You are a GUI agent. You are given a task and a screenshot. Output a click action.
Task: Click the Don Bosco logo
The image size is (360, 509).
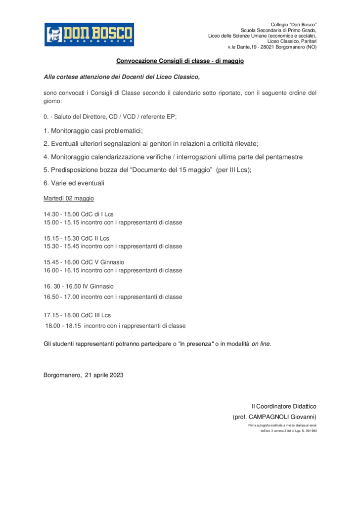89,35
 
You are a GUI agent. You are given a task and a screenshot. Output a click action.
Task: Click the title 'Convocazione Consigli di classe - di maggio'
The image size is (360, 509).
180,61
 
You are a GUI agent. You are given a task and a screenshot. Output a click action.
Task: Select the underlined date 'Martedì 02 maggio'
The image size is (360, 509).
69,199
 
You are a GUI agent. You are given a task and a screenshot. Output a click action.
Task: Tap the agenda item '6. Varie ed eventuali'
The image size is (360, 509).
74,183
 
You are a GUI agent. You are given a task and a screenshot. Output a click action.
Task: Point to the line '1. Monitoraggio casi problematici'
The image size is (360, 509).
93,131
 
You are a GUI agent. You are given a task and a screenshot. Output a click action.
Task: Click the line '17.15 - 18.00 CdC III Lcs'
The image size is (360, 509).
77,315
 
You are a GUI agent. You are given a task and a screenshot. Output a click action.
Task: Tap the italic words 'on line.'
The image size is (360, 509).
261,343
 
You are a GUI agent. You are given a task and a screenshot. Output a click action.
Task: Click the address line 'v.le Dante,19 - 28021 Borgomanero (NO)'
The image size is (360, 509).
271,47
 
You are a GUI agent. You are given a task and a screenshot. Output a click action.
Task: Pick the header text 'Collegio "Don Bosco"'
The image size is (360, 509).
294,25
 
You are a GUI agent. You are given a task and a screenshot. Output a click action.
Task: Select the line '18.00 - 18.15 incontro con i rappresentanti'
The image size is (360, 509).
115,326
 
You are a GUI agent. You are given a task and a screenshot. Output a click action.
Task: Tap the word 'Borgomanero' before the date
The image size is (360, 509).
62,375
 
